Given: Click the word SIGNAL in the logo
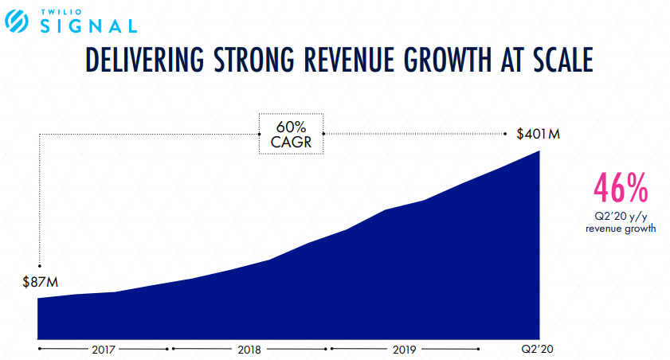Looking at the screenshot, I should click(88, 27).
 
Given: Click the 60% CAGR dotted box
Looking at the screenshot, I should click(291, 134).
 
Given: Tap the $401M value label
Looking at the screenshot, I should click(539, 134).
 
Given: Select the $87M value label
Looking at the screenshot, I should click(41, 282).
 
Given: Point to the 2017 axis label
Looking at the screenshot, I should click(104, 349).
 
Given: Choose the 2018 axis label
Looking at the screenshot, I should click(249, 349).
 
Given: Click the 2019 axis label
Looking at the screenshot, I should click(405, 349).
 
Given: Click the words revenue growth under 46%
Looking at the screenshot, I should click(621, 229).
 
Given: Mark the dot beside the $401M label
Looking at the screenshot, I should click(507, 134).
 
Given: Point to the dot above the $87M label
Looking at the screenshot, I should click(39, 265).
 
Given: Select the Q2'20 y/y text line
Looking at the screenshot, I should click(621, 217).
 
